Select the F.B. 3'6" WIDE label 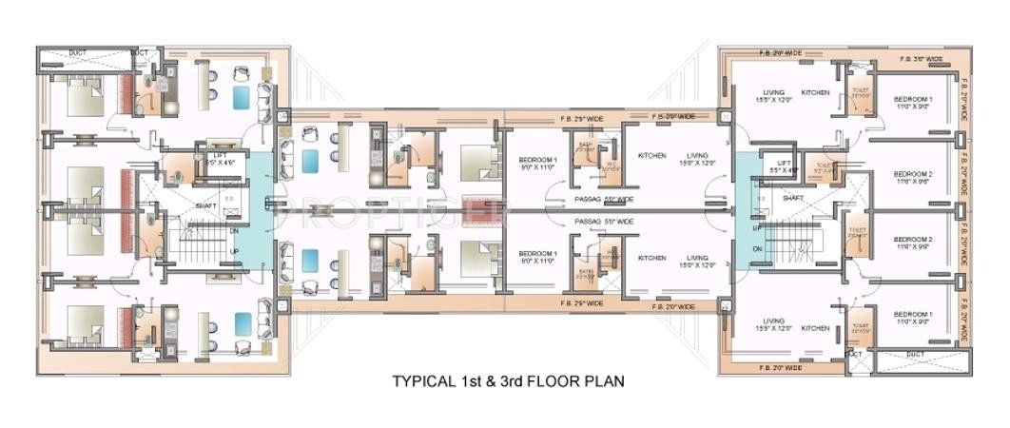[922, 59]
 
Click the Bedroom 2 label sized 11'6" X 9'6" [911, 178]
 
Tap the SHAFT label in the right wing [794, 198]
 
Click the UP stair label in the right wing [757, 229]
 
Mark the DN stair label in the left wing [234, 229]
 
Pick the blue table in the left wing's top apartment [243, 96]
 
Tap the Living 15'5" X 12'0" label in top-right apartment [773, 96]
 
